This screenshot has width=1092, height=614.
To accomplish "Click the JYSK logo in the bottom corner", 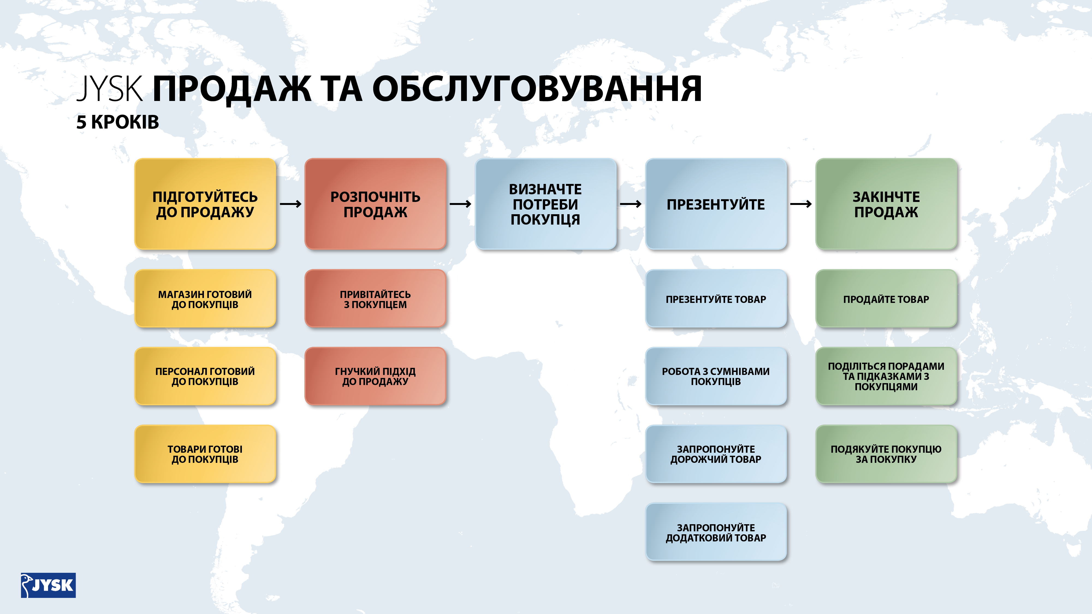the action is click(x=48, y=585).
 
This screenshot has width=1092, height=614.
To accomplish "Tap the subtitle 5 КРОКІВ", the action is click(x=117, y=122).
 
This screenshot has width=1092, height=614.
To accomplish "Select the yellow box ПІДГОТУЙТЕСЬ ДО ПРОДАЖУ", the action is click(x=205, y=204).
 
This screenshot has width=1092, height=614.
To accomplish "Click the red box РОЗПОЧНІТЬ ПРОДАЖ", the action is click(x=375, y=204).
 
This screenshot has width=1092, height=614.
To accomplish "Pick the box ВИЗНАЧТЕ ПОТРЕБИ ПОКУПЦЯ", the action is click(x=545, y=204).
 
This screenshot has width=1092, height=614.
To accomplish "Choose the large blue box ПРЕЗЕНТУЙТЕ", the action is click(x=716, y=204).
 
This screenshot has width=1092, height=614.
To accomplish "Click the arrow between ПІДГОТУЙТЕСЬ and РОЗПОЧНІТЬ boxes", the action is click(x=290, y=204).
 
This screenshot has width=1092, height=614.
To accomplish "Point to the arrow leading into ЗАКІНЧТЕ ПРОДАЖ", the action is click(x=801, y=204).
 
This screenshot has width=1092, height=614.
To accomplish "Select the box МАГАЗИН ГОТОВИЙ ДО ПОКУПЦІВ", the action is click(x=205, y=299).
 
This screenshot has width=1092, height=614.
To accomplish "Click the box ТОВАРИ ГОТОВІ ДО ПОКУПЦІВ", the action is click(x=205, y=454).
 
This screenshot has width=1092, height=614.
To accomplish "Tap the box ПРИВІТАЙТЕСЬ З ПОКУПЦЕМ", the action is click(x=375, y=299).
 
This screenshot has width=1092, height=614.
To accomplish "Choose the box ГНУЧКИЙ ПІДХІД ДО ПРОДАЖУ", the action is click(x=375, y=376).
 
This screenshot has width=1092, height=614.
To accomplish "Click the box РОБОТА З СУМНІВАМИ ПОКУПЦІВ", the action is click(x=716, y=376).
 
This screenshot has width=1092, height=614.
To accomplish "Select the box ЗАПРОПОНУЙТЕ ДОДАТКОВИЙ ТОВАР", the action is click(x=716, y=532).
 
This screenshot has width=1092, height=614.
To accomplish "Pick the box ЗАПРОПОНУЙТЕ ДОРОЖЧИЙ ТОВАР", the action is click(x=716, y=454).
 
